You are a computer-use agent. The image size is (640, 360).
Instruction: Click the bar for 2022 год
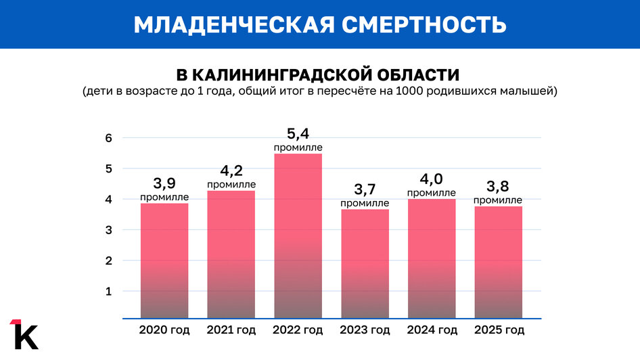click(x=298, y=237)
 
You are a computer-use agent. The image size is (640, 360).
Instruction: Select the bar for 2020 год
click(x=164, y=261)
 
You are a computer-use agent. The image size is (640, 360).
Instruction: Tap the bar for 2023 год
click(x=365, y=264)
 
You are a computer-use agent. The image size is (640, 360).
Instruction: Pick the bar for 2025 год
click(x=498, y=263)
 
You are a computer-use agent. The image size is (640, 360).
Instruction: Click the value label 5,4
click(x=298, y=134)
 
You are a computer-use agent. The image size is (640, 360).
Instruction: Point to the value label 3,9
click(x=164, y=183)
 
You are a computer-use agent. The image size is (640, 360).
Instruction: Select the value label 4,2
click(x=231, y=171)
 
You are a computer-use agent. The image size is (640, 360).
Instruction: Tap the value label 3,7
click(x=365, y=189)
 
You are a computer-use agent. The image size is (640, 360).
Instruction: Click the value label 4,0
click(x=431, y=179)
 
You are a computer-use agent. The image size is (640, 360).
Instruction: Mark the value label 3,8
click(x=498, y=187)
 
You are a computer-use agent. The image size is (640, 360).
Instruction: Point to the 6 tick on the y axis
click(x=126, y=138)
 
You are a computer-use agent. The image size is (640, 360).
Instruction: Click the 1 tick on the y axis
click(x=126, y=292)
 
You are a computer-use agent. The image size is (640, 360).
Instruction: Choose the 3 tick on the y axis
click(x=126, y=230)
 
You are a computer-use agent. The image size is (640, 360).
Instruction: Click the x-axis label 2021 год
click(x=231, y=331)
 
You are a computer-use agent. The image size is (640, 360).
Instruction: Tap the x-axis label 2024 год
click(x=432, y=331)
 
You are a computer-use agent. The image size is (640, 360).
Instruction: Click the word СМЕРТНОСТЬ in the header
click(x=424, y=24)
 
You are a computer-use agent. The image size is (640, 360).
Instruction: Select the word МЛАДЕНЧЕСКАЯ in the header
click(x=233, y=24)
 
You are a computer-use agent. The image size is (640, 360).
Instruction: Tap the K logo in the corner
click(x=24, y=333)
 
